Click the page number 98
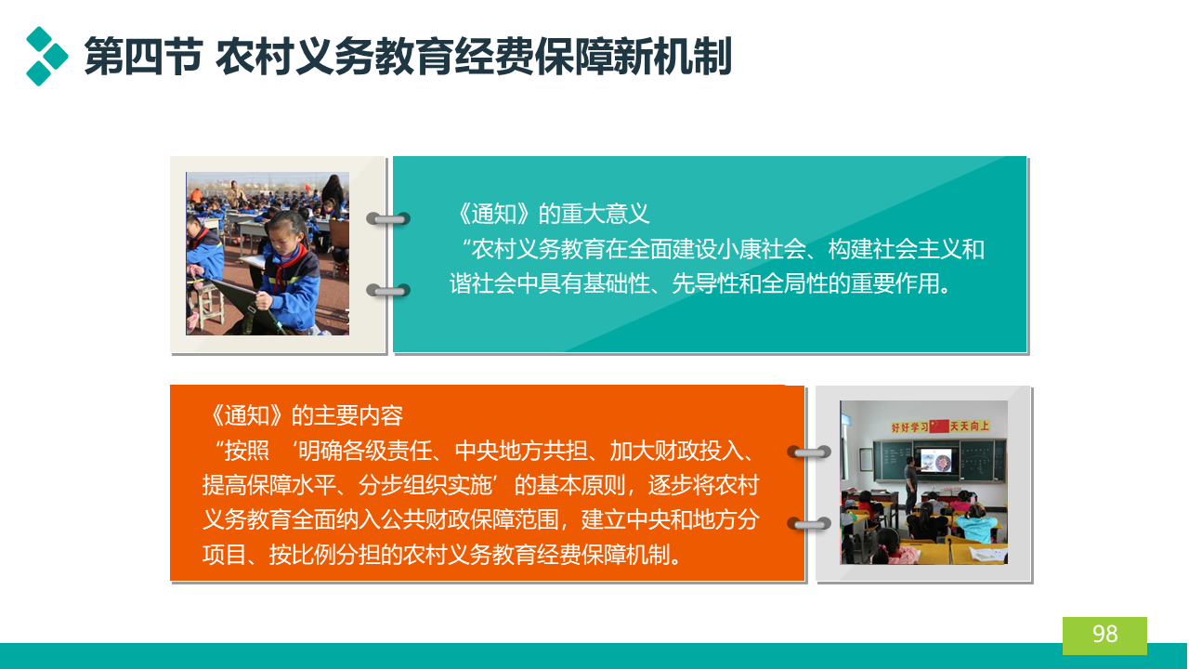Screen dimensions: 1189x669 [x=1104, y=634]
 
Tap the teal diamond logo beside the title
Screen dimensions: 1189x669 [x=47, y=56]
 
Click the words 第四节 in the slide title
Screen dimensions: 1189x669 [x=143, y=57]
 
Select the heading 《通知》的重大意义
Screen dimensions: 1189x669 [x=552, y=214]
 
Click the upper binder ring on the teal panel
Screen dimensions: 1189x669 [x=388, y=218]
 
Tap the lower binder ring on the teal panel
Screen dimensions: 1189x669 [x=388, y=291]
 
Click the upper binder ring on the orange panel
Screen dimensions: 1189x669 [x=809, y=453]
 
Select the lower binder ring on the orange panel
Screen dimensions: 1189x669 [x=809, y=524]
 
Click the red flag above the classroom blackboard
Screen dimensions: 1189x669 [x=939, y=426]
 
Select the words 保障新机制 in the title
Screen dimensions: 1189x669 [x=634, y=57]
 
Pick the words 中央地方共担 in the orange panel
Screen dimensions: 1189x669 [x=521, y=451]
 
